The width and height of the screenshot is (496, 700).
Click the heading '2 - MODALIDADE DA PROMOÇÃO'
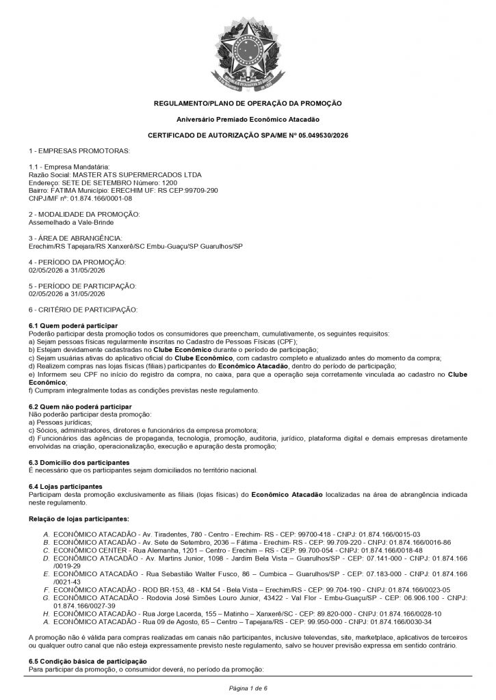click(x=84, y=215)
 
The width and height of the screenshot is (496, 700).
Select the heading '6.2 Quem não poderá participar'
click(x=80, y=407)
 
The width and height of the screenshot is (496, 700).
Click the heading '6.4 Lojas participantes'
click(x=66, y=486)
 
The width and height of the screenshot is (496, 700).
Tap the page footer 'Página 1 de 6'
click(x=248, y=686)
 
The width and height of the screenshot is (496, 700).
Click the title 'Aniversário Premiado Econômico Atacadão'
click(x=248, y=119)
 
